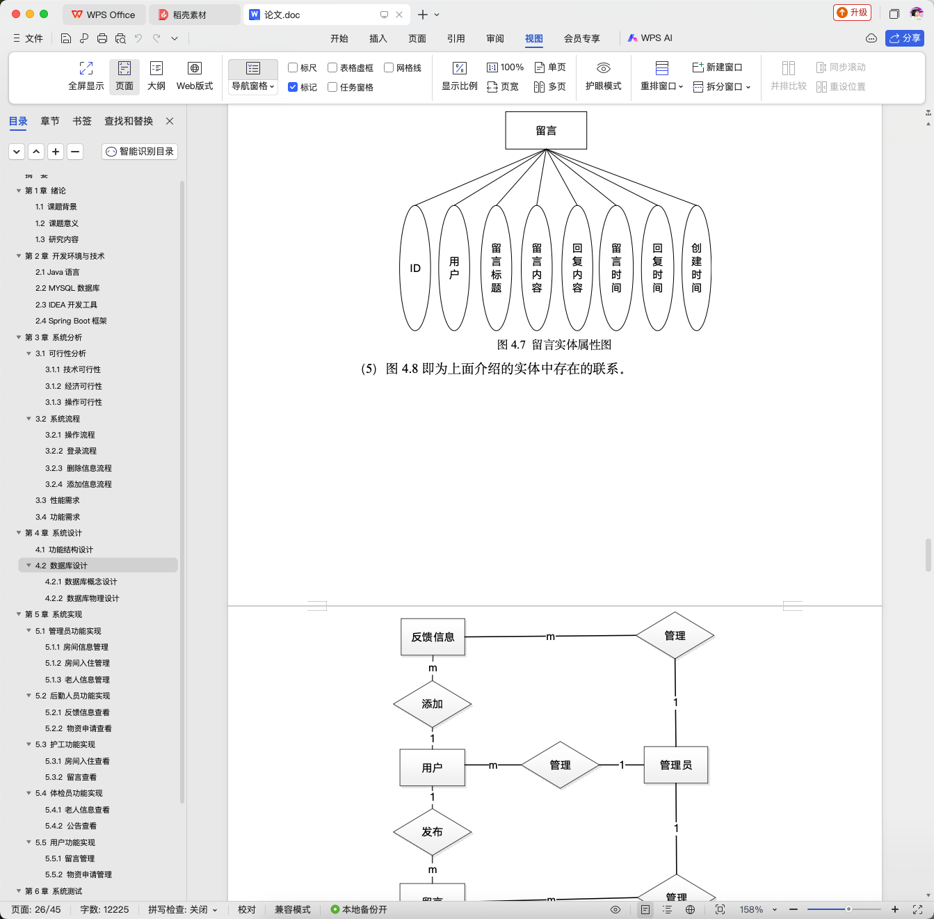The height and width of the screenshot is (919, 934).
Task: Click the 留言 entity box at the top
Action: tap(546, 131)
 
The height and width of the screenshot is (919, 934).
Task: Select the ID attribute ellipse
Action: tap(415, 268)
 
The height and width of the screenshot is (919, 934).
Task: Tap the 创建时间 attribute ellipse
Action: tap(696, 268)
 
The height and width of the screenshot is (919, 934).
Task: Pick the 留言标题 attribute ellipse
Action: tap(496, 268)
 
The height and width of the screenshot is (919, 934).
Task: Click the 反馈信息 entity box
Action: tap(433, 637)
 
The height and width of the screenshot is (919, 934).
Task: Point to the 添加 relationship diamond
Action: tap(432, 703)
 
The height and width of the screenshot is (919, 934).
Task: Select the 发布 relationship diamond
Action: tap(432, 832)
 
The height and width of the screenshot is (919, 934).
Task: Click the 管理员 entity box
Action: tap(676, 765)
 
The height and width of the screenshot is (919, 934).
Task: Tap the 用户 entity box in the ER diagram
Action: tap(432, 767)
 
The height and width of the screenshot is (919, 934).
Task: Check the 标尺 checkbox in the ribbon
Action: tap(293, 67)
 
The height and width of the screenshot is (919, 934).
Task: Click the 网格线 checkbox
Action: tap(389, 67)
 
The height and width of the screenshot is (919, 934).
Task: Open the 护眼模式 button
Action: tap(603, 76)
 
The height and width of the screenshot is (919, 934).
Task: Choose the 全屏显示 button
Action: tap(86, 76)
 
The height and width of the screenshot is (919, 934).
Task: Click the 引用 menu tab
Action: tap(456, 38)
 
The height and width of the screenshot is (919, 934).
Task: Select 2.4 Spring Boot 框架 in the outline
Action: tap(71, 321)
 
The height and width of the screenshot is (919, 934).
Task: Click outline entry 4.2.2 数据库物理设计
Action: tap(82, 598)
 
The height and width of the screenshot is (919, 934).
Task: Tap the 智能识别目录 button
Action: tap(140, 151)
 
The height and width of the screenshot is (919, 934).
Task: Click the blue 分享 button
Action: tap(904, 38)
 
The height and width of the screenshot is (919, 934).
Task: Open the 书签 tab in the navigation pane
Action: tap(82, 121)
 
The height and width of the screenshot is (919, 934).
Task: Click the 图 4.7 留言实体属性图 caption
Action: tap(554, 345)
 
